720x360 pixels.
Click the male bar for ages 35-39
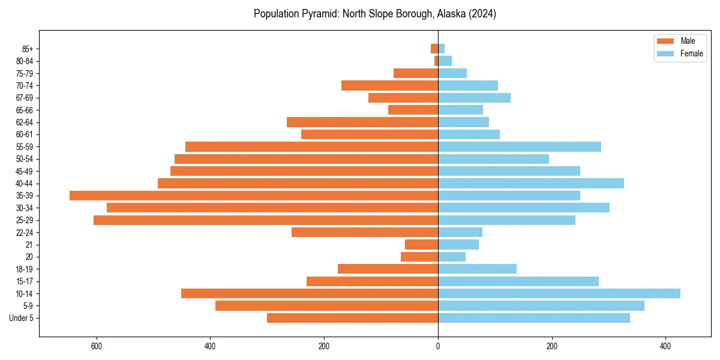[x=254, y=196]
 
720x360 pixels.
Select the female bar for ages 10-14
[x=559, y=293]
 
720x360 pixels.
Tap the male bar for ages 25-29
[x=266, y=220]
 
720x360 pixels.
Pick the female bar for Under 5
[x=534, y=318]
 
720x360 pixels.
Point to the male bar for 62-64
[x=362, y=122]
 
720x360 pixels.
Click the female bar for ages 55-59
[x=520, y=147]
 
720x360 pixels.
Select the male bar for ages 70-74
[x=390, y=86]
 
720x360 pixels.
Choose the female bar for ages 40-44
[x=531, y=184]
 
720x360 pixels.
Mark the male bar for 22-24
[x=365, y=232]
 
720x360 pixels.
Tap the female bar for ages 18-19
[x=478, y=269]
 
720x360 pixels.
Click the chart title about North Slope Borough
[x=375, y=14]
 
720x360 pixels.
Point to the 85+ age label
[x=26, y=49]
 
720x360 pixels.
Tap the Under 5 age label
[x=22, y=318]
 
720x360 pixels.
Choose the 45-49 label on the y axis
[x=25, y=171]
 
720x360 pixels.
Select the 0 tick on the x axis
[x=438, y=346]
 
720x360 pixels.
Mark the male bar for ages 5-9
[x=327, y=306]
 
